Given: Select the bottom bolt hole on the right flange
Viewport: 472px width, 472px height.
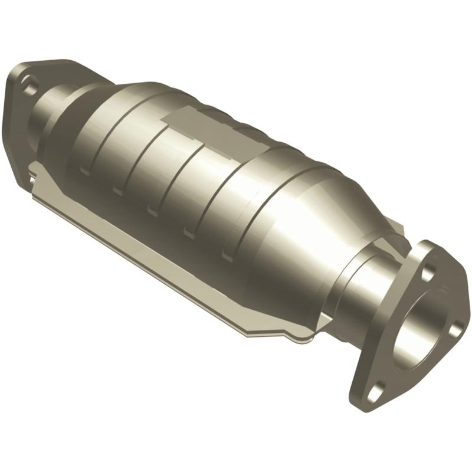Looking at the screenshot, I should (x=378, y=387).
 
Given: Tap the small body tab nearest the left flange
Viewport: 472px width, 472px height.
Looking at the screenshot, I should (x=85, y=171).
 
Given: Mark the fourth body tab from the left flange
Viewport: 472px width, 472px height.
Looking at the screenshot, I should (x=189, y=232).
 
